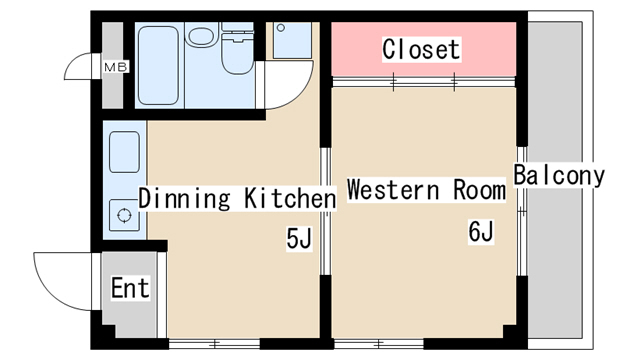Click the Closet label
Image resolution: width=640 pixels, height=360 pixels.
click(x=421, y=49)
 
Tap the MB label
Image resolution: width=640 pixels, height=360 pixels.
click(x=116, y=67)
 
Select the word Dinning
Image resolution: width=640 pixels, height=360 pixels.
click(x=184, y=199)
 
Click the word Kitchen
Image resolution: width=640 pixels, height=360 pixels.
click(x=290, y=198)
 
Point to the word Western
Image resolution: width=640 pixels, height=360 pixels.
click(x=393, y=190)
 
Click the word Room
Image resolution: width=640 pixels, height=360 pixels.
click(x=479, y=190)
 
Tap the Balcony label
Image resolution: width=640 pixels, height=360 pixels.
click(x=559, y=176)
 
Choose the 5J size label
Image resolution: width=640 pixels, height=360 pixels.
click(x=299, y=238)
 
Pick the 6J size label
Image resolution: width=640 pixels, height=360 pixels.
click(x=481, y=232)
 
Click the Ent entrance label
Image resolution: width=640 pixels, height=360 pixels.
click(x=130, y=288)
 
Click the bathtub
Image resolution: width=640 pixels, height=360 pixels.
click(x=158, y=65)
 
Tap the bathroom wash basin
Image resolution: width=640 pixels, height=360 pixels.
click(x=201, y=37)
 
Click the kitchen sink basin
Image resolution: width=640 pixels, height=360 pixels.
click(x=124, y=152)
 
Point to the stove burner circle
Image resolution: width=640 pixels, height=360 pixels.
click(x=124, y=215)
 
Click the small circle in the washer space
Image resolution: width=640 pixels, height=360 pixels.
click(x=281, y=28)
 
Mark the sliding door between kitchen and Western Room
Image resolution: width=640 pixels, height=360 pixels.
click(x=325, y=211)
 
